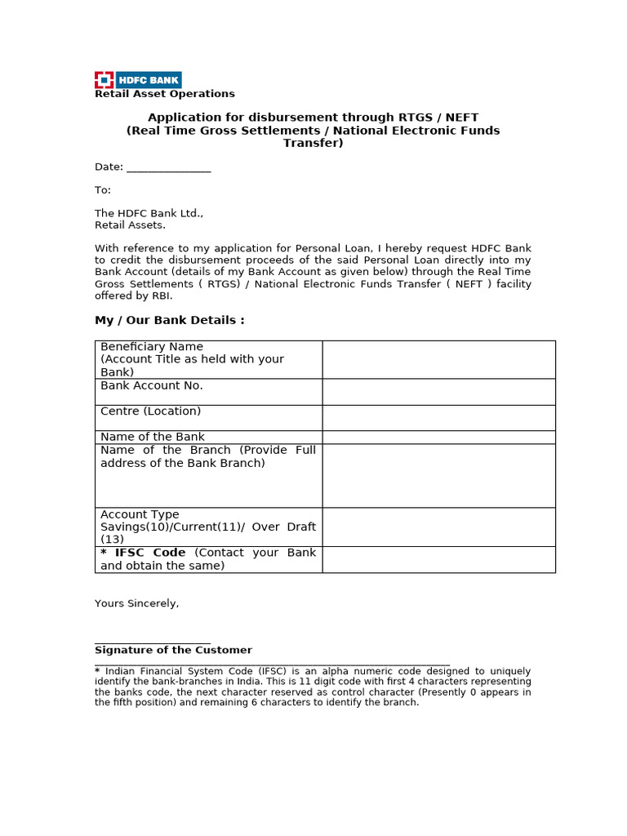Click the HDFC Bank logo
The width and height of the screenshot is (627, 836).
pyautogui.click(x=138, y=80)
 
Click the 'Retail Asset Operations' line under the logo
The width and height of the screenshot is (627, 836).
pyautogui.click(x=165, y=94)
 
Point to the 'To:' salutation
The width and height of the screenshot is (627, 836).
pyautogui.click(x=103, y=190)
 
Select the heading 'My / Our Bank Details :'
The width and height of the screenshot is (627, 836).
pyautogui.click(x=170, y=320)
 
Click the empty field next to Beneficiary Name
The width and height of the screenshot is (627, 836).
pyautogui.click(x=438, y=359)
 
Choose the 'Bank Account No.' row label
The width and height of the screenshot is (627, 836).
pyautogui.click(x=152, y=385)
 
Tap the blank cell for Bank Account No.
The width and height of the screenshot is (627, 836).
pyautogui.click(x=438, y=392)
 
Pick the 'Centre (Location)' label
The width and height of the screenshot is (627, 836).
pyautogui.click(x=150, y=411)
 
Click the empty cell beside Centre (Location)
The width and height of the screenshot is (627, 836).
pyautogui.click(x=438, y=418)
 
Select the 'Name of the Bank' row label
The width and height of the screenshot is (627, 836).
pyautogui.click(x=153, y=437)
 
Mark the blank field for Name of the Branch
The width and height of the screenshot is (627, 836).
pyautogui.click(x=438, y=475)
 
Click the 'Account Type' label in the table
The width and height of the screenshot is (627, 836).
pyautogui.click(x=140, y=514)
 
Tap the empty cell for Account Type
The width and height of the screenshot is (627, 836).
pyautogui.click(x=438, y=527)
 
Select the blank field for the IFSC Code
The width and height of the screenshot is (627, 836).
pyautogui.click(x=438, y=559)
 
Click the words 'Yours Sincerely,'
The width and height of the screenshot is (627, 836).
pyautogui.click(x=137, y=603)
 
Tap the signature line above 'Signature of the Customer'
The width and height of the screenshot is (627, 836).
pyautogui.click(x=153, y=643)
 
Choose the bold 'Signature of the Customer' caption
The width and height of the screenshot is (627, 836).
pyautogui.click(x=173, y=650)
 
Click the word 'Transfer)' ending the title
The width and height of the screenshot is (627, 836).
pyautogui.click(x=313, y=143)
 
